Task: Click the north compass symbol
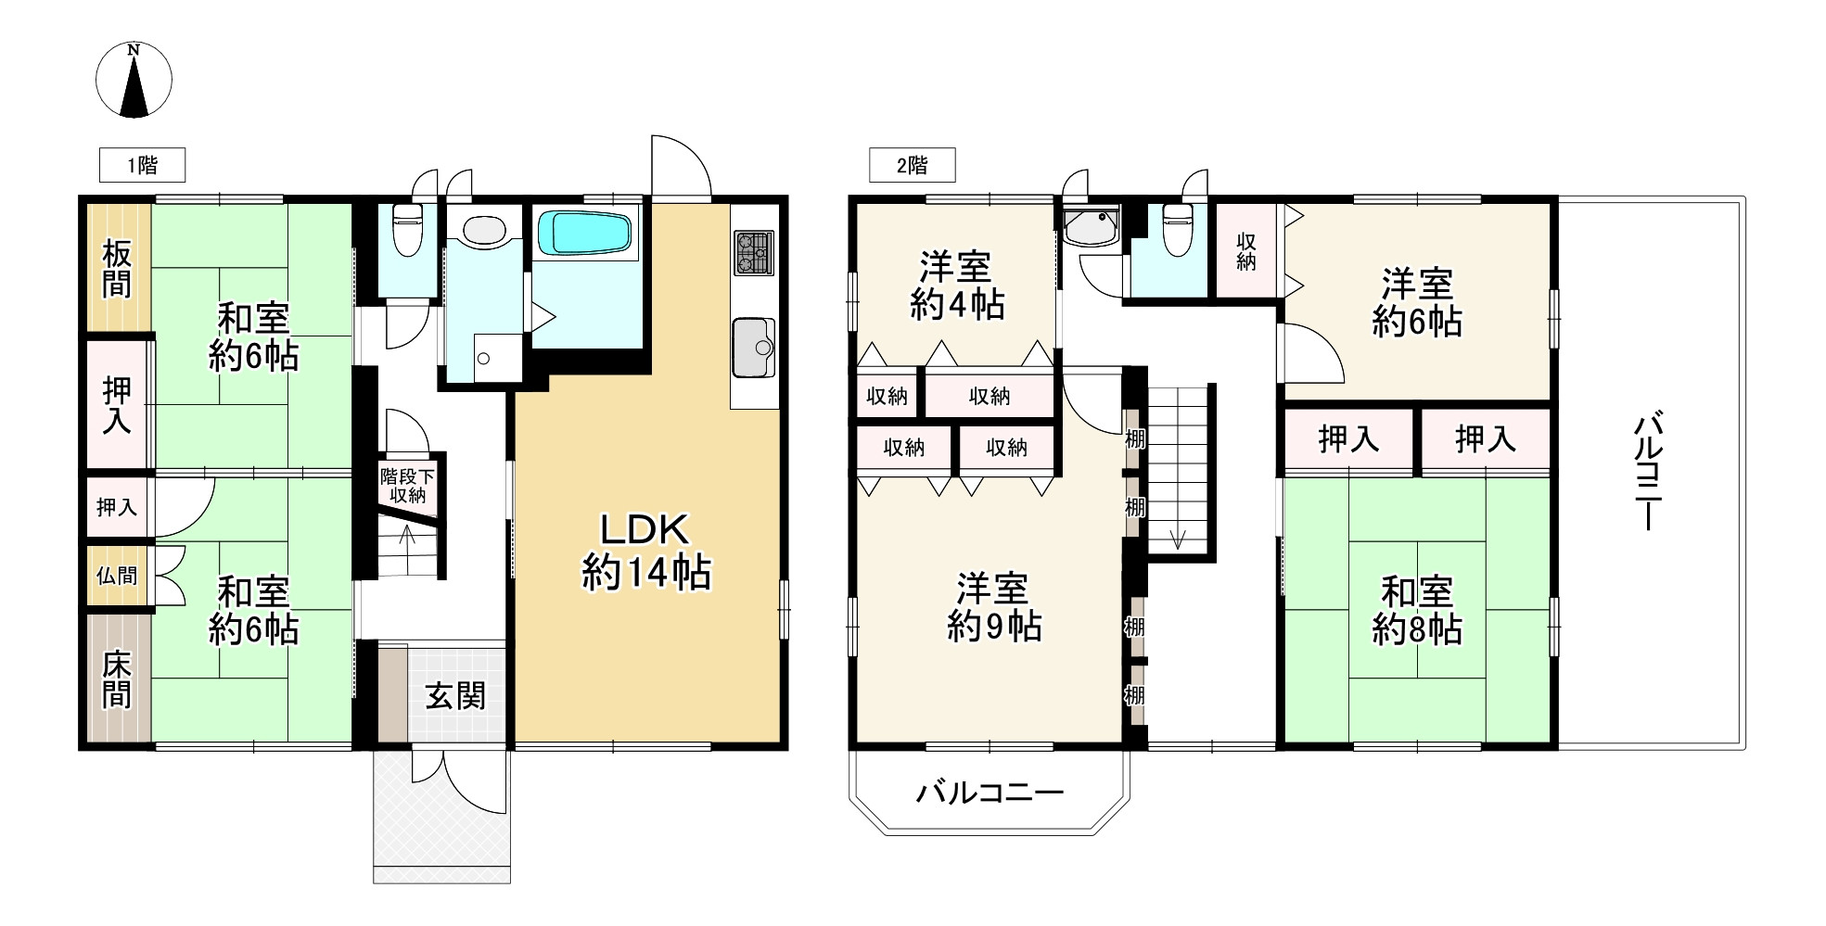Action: [x=134, y=81]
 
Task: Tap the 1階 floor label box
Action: [x=142, y=165]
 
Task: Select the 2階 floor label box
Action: [x=912, y=165]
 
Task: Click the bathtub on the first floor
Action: [x=585, y=233]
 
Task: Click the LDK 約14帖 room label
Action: [x=645, y=552]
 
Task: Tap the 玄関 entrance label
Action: [x=455, y=696]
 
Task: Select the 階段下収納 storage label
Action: [x=407, y=486]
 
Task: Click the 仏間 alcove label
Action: [x=117, y=576]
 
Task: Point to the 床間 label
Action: [x=117, y=679]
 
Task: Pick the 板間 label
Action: [x=117, y=268]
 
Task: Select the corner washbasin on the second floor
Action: [x=1092, y=227]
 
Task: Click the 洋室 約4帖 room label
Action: [x=956, y=285]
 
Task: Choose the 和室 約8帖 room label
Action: [x=1417, y=610]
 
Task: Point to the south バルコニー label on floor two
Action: [x=990, y=793]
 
